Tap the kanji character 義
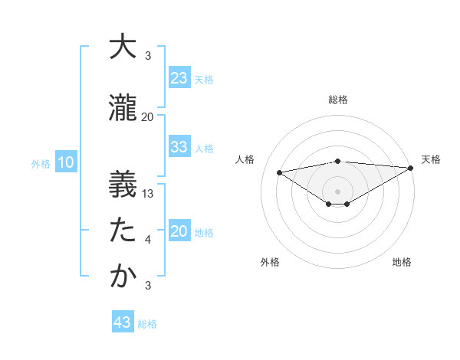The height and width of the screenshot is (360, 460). tap(123, 184)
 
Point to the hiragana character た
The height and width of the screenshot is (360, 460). tap(123, 230)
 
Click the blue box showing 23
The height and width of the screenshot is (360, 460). tap(179, 77)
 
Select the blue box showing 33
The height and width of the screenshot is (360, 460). tap(179, 147)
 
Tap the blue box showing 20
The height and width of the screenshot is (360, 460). tap(179, 232)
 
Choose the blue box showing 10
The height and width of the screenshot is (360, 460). tap(65, 162)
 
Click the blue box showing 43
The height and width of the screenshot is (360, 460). tap(123, 322)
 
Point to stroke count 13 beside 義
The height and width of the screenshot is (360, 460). tap(149, 194)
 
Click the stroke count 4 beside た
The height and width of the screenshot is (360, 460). tap(148, 241)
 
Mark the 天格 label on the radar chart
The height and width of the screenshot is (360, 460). tap(431, 159)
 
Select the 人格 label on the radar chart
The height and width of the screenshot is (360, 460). tap(245, 159)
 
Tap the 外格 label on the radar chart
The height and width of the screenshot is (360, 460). tap(269, 262)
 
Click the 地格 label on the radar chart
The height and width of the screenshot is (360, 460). tap(402, 262)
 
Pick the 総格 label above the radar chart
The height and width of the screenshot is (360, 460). tap(337, 100)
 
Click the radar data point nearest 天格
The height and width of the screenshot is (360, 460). tap(411, 168)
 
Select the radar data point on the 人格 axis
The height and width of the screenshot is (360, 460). tap(279, 172)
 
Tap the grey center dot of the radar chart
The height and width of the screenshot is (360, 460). tap(337, 190)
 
